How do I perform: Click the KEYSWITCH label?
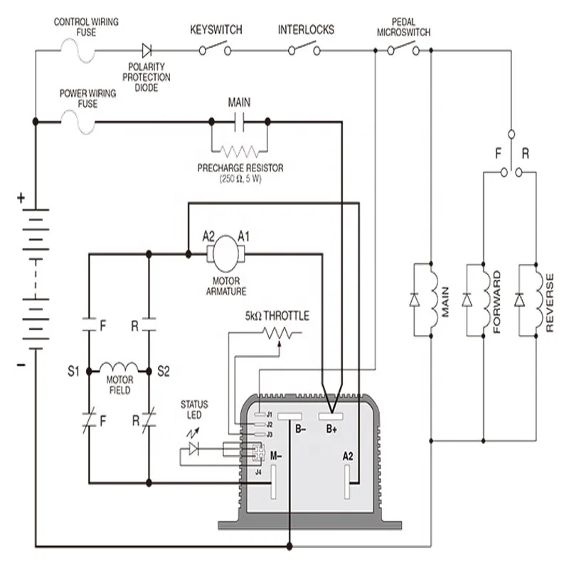point(216,30)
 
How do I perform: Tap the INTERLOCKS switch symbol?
point(304,50)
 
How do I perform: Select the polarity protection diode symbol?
point(147,50)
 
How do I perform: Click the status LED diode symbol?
point(193,449)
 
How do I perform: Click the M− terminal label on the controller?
point(274,454)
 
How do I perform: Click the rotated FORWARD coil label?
point(496,302)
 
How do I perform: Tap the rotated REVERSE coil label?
point(549,302)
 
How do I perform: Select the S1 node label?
point(74,371)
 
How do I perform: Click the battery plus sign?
point(21,199)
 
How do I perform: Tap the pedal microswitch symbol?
point(403,49)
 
